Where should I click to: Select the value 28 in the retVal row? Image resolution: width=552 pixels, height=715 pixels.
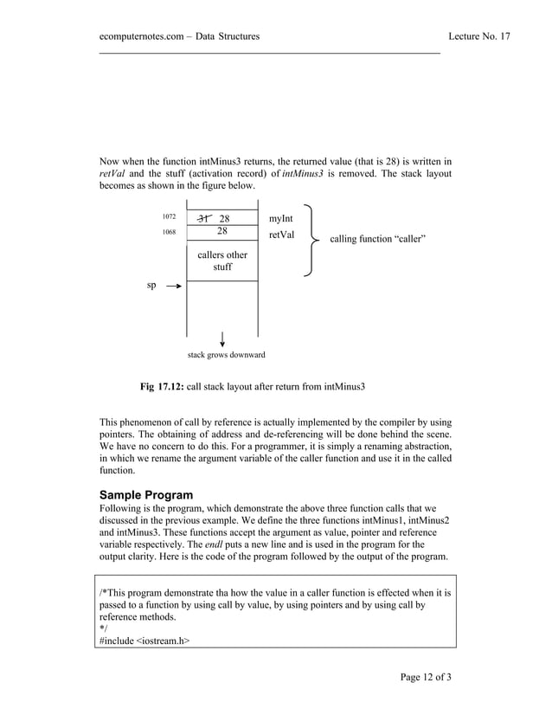tap(222, 232)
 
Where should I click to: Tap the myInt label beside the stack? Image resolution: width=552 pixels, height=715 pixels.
tap(282, 218)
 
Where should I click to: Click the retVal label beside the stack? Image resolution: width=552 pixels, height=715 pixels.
tap(282, 234)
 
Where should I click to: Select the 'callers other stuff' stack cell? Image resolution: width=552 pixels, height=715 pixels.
tap(222, 261)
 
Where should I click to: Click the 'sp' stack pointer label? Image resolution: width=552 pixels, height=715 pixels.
tap(151, 285)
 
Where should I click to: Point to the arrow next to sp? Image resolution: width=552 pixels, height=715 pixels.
tap(173, 286)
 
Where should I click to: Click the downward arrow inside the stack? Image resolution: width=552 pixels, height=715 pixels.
tap(223, 338)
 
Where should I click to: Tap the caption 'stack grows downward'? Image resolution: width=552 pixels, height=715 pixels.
tap(227, 355)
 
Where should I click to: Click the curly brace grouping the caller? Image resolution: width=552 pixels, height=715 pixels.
tap(310, 242)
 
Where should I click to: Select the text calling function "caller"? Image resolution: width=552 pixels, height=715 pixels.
tap(377, 239)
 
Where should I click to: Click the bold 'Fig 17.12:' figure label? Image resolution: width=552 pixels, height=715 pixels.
tap(163, 385)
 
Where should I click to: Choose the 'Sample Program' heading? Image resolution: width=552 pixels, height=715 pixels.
tap(146, 495)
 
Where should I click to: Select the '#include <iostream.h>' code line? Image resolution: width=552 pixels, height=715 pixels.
tap(145, 641)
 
